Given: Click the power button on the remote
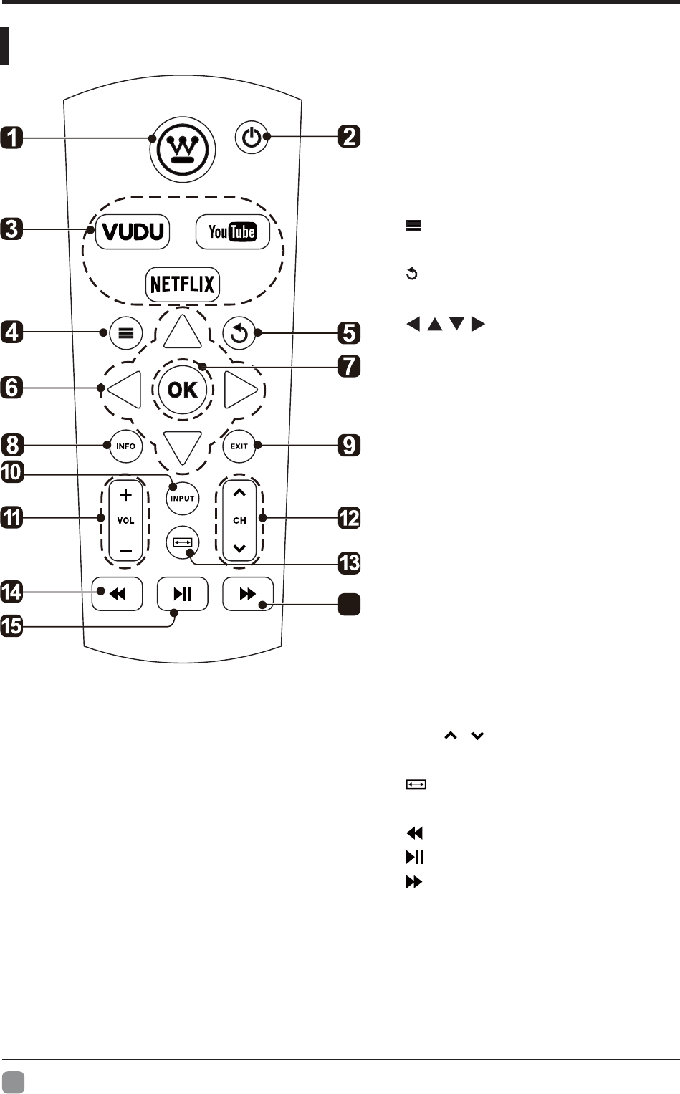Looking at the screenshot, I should [x=252, y=137].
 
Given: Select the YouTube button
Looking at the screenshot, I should [x=232, y=231].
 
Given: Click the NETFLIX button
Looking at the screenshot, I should [x=183, y=284].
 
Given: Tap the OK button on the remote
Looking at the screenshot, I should [x=183, y=390].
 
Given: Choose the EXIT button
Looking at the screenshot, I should [x=239, y=446].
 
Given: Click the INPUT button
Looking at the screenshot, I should [x=183, y=498].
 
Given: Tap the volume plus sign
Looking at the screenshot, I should [x=125, y=494].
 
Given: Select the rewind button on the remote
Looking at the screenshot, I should [x=118, y=594].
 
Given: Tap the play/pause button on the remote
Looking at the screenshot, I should [x=183, y=594].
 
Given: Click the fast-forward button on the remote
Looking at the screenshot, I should [x=248, y=594].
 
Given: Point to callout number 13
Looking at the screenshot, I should [x=349, y=562].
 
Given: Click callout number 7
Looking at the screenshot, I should [x=349, y=366].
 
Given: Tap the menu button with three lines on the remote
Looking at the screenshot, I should [x=125, y=333].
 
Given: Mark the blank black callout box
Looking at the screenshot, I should [x=349, y=605].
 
